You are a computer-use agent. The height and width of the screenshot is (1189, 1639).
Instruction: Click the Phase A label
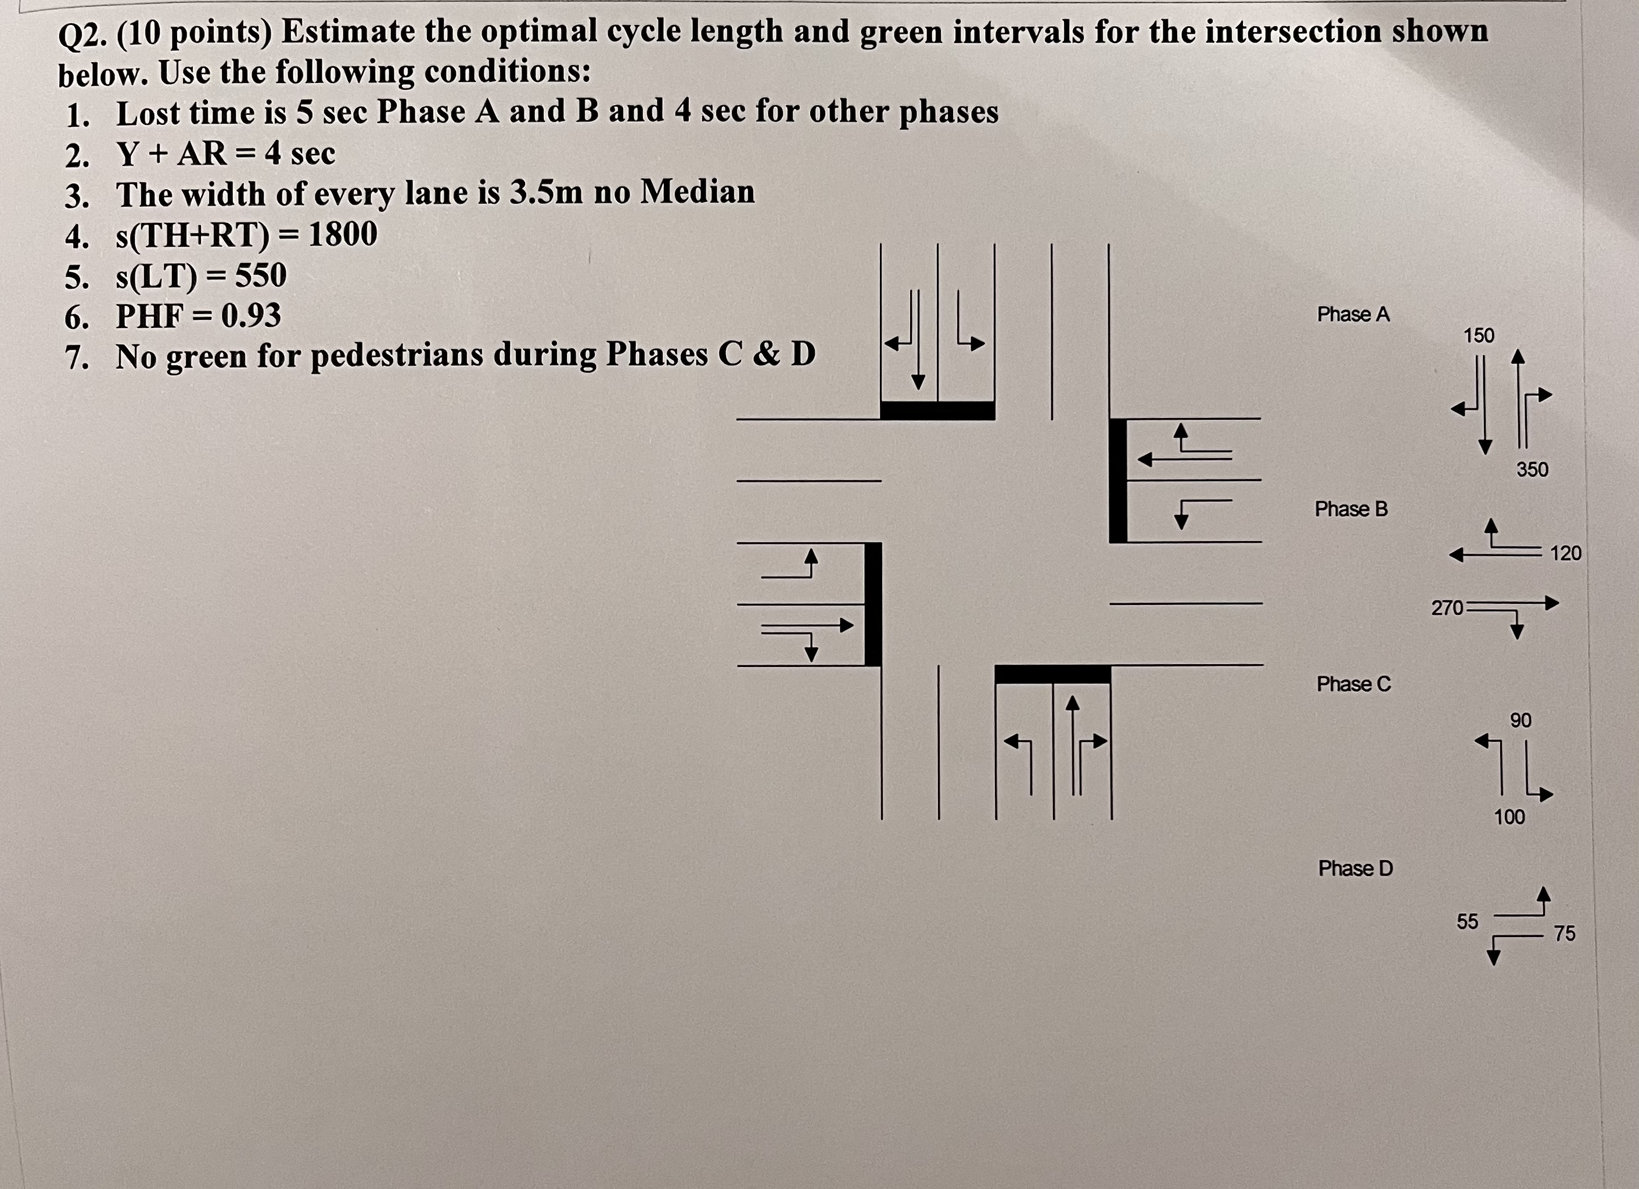(1353, 314)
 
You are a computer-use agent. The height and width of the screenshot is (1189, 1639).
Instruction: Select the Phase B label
(1351, 509)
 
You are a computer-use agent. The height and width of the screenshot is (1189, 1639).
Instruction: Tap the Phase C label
(1354, 684)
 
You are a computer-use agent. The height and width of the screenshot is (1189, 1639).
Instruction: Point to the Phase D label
(1355, 869)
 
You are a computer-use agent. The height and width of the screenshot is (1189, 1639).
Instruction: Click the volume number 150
(1479, 336)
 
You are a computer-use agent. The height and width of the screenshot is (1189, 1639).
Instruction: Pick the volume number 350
(1532, 470)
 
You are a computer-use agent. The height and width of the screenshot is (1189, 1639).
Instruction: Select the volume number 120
(1565, 553)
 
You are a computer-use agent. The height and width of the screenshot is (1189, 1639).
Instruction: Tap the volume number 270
(1447, 608)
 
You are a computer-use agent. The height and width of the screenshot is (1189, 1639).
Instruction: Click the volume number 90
(1521, 720)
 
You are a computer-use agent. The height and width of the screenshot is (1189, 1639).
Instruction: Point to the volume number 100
(1509, 817)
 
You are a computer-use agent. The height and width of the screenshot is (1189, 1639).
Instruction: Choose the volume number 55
(1467, 921)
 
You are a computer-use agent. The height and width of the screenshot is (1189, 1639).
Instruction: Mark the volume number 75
(1565, 934)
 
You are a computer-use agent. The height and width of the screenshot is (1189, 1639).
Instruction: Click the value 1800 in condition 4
(343, 234)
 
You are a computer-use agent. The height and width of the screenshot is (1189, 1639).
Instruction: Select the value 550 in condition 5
(260, 275)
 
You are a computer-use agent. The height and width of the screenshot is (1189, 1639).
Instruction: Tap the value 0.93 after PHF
(251, 316)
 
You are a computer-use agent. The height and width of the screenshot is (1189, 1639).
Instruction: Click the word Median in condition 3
(698, 192)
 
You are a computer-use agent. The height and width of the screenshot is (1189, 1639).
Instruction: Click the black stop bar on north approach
(937, 410)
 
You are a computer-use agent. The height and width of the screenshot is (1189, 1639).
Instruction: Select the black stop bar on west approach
(873, 604)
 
